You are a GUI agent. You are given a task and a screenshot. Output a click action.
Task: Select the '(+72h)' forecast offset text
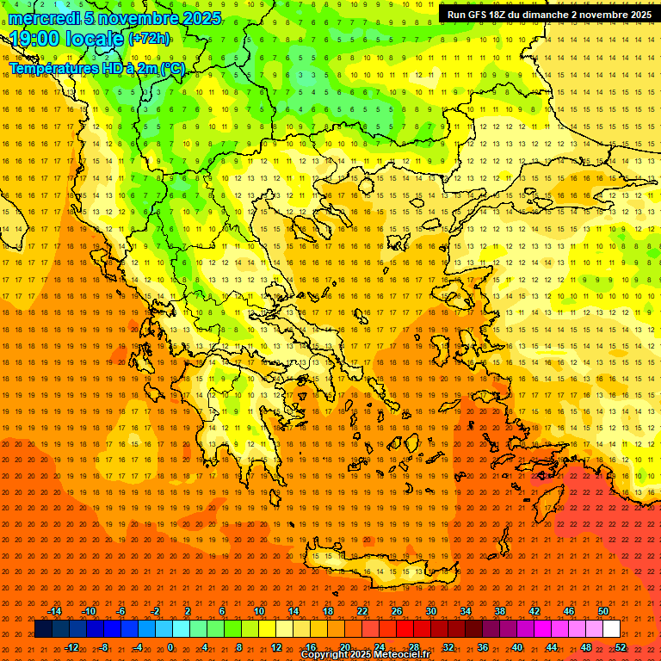pos(149,39)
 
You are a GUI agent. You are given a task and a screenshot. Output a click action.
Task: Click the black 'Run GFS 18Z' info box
pos(549,14)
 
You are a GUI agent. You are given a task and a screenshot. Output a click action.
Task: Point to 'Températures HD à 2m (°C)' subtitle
pos(96,68)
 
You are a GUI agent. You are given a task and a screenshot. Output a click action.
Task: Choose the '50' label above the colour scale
pos(603,611)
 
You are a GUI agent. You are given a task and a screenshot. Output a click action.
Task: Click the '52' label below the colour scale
pos(621,647)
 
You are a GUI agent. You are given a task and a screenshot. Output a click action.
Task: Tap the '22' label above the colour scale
pos(362,611)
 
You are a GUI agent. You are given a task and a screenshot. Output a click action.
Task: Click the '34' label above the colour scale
pos(466,611)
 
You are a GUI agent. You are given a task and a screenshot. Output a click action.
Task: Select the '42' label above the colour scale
pos(534,611)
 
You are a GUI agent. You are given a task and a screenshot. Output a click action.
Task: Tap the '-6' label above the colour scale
pos(121,611)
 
